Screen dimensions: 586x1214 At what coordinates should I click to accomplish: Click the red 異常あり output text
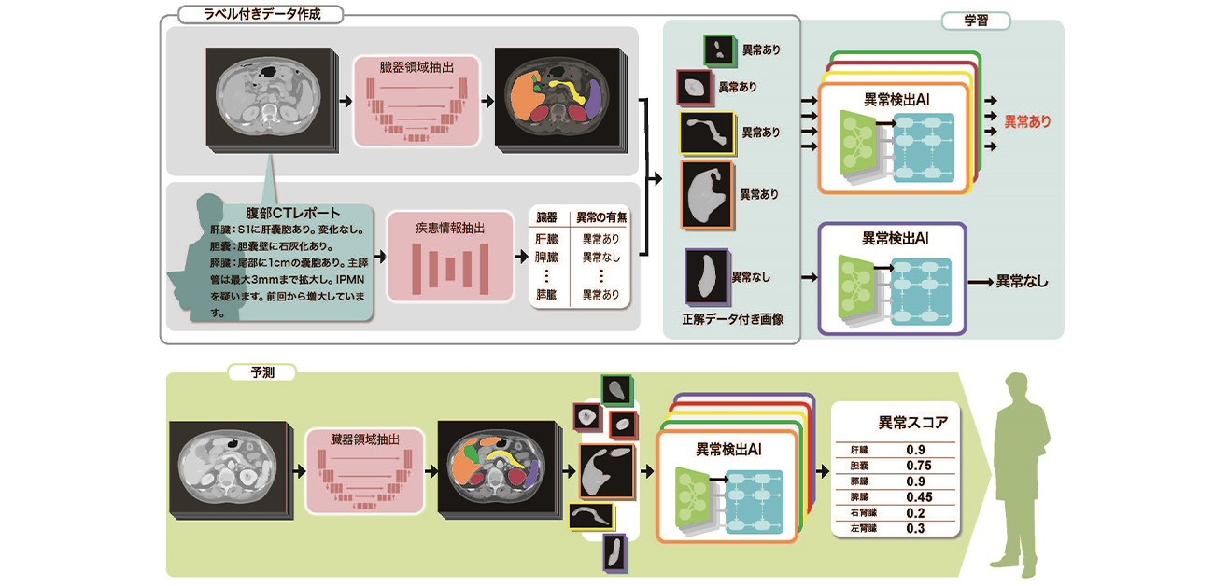1027,122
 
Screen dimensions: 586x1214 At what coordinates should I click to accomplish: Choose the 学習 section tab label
975,20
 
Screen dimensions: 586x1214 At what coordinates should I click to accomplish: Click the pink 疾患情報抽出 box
449,254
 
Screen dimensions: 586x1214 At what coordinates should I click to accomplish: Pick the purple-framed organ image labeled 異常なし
705,275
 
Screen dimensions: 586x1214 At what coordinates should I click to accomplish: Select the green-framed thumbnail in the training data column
720,50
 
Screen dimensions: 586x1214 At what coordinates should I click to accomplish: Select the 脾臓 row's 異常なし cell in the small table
601,257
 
